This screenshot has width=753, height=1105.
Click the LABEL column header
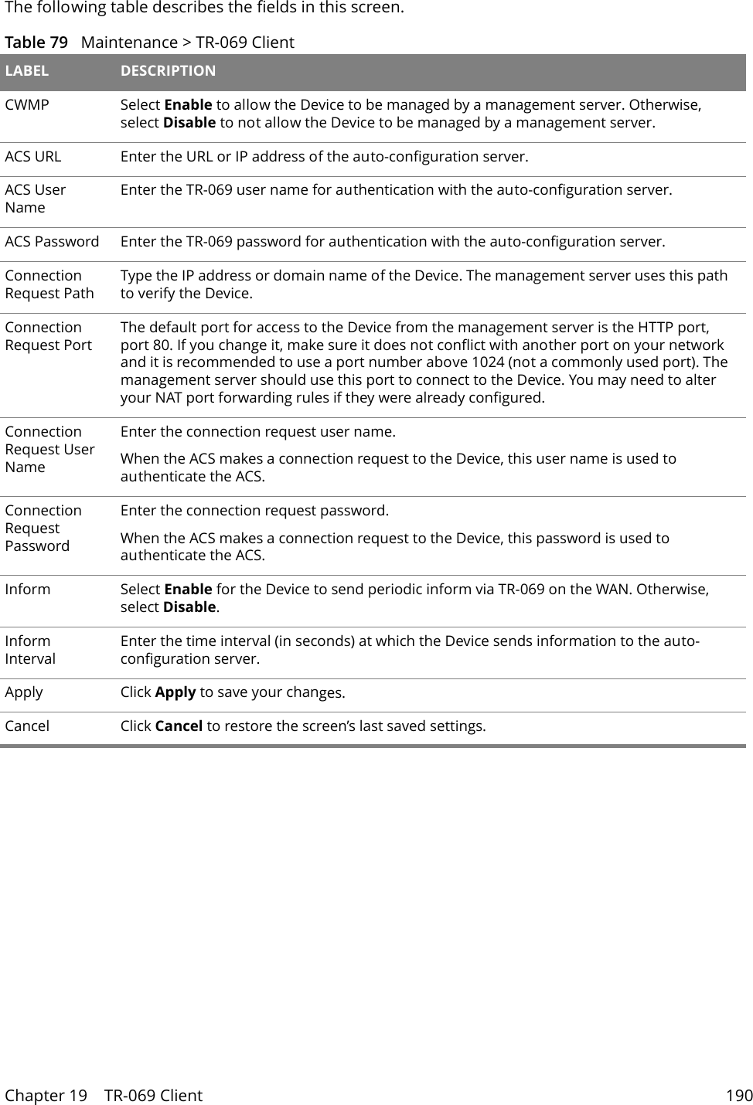tap(27, 71)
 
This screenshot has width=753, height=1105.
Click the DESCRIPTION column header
tap(168, 71)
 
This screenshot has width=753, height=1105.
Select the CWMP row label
tap(27, 105)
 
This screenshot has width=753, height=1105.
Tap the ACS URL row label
tap(33, 157)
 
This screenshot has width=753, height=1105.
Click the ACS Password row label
tap(52, 242)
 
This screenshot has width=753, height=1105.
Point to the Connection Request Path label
tap(49, 284)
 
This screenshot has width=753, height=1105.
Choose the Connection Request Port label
tap(48, 336)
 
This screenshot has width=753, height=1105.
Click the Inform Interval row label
tap(30, 650)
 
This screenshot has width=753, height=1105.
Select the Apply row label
tap(24, 692)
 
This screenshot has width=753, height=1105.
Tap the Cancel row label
tap(27, 726)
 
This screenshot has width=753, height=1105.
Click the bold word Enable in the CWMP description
tap(189, 105)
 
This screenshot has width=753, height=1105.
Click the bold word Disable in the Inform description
tap(189, 607)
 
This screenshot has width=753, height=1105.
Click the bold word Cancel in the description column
tap(179, 726)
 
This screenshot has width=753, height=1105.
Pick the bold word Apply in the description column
tap(175, 692)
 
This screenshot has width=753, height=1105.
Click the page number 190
tap(738, 1096)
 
